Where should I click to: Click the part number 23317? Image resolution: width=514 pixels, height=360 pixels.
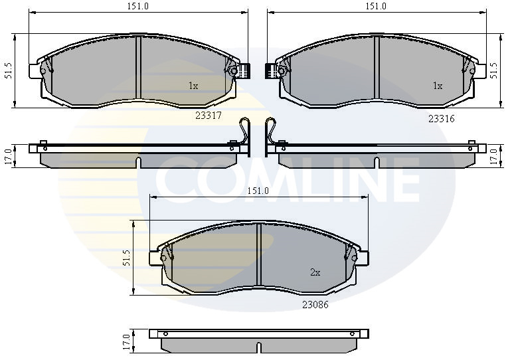209,116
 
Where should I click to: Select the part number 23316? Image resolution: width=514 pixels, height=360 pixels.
442,119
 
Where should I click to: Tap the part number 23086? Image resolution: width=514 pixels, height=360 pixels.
315,305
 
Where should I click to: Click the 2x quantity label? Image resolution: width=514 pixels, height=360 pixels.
315,272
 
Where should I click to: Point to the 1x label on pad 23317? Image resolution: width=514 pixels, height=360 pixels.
193,86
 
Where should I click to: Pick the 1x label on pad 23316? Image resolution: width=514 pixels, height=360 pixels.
438,86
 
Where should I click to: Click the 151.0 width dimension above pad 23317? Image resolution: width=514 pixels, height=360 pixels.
138,6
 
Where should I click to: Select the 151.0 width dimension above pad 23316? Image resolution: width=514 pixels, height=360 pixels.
376,6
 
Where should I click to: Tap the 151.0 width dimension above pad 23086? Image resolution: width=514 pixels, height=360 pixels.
258,191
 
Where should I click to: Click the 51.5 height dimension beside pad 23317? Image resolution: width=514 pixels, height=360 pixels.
8,70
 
